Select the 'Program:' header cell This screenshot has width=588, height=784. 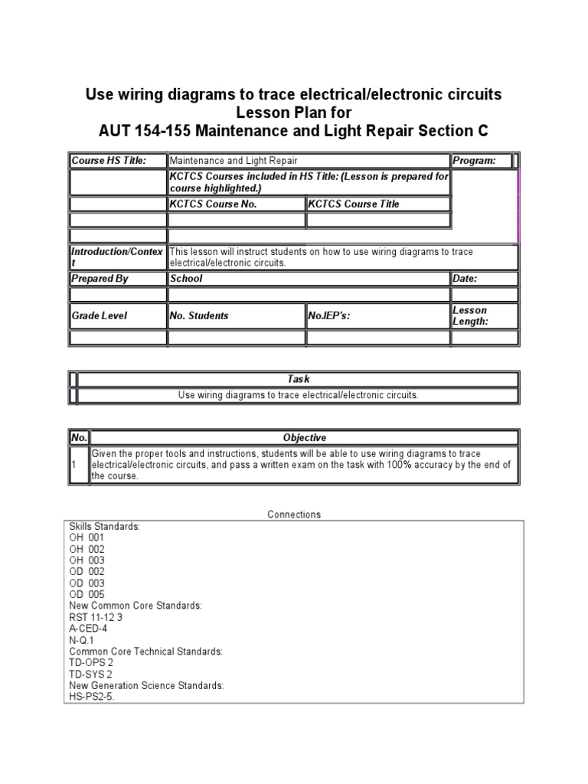(474, 161)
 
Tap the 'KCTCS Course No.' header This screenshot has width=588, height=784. (213, 204)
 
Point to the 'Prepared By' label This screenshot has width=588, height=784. (100, 279)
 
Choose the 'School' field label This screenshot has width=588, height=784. (186, 279)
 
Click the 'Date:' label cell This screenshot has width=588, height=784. (465, 279)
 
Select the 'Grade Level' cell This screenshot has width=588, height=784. (100, 315)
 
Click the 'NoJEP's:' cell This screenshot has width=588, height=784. (329, 315)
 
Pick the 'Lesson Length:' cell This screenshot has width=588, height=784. (470, 315)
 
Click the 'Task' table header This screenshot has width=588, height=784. (298, 379)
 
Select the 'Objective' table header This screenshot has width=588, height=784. (304, 438)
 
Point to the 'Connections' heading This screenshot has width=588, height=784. (294, 514)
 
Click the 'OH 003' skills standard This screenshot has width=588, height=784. (87, 560)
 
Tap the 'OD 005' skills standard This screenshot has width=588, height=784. (87, 594)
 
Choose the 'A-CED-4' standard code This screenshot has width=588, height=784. (88, 629)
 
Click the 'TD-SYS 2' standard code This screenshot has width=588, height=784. (91, 675)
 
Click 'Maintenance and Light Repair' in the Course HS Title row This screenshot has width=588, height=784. (234, 161)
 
